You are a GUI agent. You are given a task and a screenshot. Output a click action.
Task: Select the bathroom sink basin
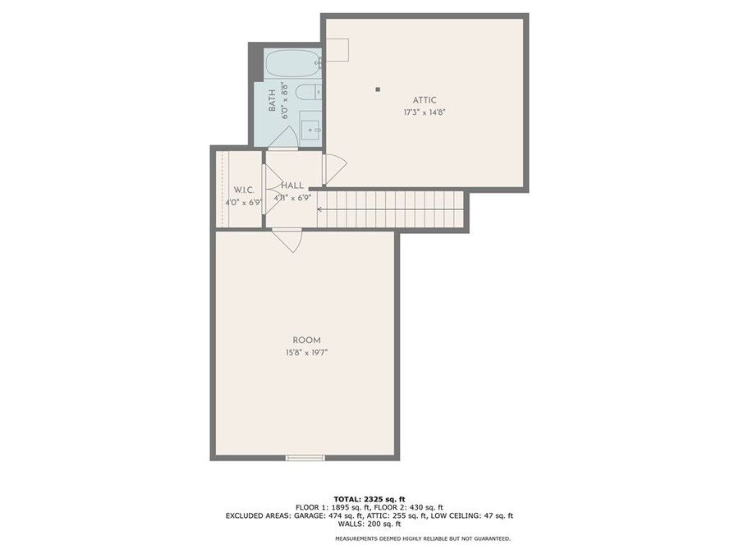(310, 129)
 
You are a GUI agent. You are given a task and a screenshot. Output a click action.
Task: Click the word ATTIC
(424, 99)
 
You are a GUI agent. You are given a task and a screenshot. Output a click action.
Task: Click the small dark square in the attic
(378, 89)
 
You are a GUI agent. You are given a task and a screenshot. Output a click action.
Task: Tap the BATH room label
(272, 100)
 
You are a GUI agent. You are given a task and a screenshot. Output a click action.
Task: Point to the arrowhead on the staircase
(321, 211)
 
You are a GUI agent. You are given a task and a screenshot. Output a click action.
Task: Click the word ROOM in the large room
(306, 340)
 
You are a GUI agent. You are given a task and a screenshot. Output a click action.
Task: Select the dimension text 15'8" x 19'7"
(306, 352)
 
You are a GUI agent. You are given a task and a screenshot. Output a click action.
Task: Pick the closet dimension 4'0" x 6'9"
(242, 202)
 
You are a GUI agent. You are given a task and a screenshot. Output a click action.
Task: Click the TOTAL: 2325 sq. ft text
(369, 499)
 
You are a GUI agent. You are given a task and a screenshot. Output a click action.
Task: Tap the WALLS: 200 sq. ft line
(369, 525)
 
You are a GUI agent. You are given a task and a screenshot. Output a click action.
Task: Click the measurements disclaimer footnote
(422, 538)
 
